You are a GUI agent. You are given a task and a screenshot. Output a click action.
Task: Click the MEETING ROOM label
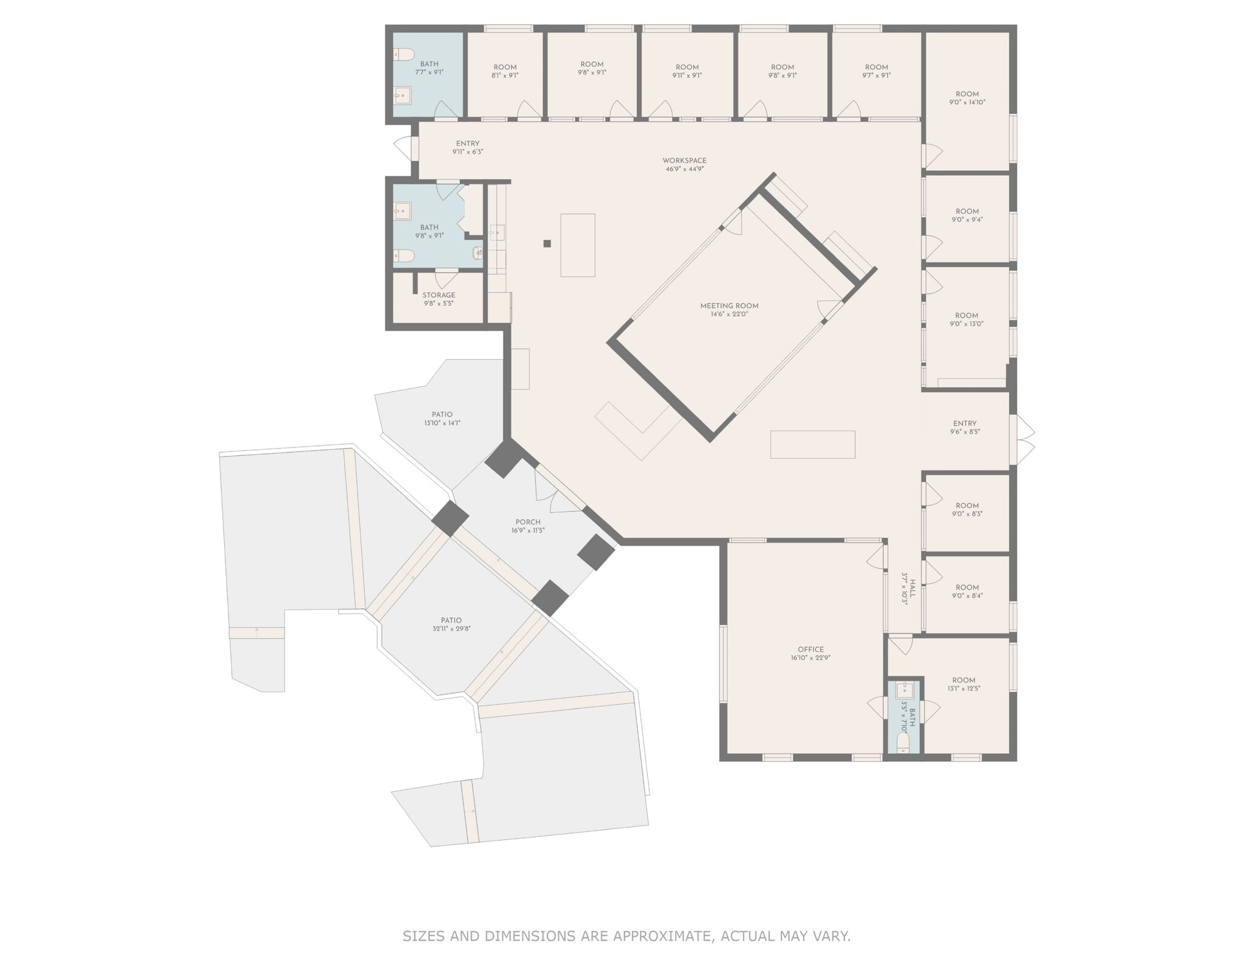(x=729, y=309)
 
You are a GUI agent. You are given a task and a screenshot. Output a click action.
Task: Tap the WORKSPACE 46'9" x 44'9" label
(x=684, y=164)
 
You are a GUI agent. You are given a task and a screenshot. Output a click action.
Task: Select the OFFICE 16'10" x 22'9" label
(x=810, y=653)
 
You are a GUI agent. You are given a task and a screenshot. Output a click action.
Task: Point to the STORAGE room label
(x=438, y=299)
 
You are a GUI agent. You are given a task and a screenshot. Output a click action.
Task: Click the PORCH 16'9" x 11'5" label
(x=527, y=526)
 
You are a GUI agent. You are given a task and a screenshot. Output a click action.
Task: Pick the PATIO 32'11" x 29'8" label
(x=451, y=624)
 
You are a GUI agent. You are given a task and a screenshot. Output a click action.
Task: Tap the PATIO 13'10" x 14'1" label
(x=442, y=419)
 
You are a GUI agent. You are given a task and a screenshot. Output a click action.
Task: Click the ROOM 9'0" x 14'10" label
(x=967, y=98)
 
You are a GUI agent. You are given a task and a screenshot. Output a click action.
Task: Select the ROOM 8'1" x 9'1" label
(x=505, y=71)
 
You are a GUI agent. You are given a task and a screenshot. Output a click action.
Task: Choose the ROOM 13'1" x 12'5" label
(x=963, y=684)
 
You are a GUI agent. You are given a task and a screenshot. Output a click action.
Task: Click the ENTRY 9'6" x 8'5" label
(x=964, y=427)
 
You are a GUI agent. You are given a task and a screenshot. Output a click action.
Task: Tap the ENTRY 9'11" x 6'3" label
(x=467, y=147)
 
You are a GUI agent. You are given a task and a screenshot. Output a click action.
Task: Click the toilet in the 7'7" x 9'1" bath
(x=404, y=56)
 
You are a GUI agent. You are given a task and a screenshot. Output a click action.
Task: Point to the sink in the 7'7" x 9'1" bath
(x=402, y=95)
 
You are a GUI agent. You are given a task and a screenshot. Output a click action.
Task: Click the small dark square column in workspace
(x=547, y=243)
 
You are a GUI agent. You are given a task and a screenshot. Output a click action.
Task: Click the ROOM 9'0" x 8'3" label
(x=967, y=509)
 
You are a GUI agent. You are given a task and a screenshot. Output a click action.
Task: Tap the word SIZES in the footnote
(x=424, y=936)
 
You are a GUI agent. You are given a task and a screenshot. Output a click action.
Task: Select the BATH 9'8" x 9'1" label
(x=429, y=231)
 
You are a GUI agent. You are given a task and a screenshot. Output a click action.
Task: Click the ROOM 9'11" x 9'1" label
(x=686, y=71)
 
